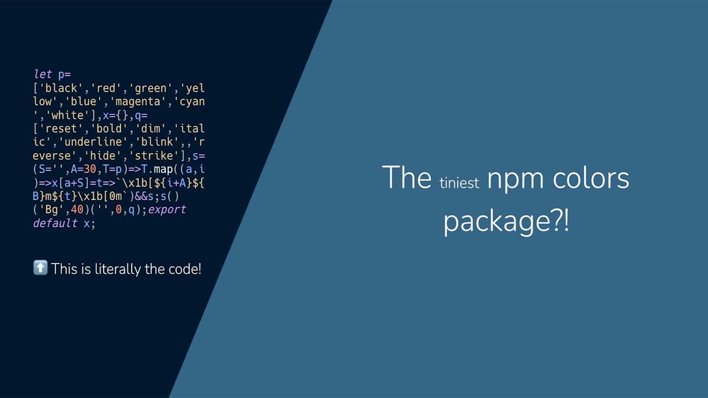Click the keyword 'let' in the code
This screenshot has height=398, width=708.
click(x=43, y=75)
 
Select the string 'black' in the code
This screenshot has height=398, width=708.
click(x=61, y=88)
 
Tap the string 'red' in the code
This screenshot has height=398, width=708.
click(x=106, y=88)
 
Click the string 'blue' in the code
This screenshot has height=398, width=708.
click(x=84, y=102)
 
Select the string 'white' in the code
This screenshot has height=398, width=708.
click(x=65, y=116)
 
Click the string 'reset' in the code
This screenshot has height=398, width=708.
click(x=61, y=129)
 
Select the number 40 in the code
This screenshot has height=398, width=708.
click(x=77, y=210)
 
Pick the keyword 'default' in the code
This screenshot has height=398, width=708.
click(x=55, y=223)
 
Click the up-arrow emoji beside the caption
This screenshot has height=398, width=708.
click(x=40, y=269)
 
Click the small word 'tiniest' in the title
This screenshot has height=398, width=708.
click(x=459, y=183)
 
